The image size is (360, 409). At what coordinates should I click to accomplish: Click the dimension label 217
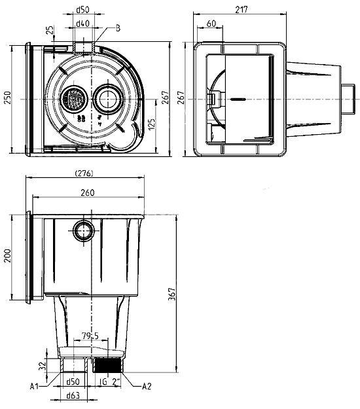point(242,10)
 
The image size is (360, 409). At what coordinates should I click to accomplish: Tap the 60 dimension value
point(211,24)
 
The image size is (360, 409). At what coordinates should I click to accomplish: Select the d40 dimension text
point(82,24)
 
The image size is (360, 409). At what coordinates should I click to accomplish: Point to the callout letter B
point(118,28)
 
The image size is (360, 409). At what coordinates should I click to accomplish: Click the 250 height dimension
point(8,98)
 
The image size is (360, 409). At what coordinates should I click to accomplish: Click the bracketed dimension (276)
point(84,173)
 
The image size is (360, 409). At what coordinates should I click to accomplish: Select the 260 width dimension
point(88,192)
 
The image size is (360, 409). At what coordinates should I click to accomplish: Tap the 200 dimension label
point(8,256)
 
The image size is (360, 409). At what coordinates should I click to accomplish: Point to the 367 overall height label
point(172,294)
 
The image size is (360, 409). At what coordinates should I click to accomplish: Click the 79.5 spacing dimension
point(90,336)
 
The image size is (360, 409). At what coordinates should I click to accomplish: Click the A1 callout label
point(34,386)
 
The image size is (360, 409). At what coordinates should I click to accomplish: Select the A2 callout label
point(147,386)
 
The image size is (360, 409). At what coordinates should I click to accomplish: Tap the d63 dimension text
point(73,396)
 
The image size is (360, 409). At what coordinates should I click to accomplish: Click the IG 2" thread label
point(110,382)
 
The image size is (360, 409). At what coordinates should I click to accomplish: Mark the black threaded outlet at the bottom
point(108,365)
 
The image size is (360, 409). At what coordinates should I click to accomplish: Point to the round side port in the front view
point(84,231)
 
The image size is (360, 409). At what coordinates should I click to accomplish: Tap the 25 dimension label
point(51,29)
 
